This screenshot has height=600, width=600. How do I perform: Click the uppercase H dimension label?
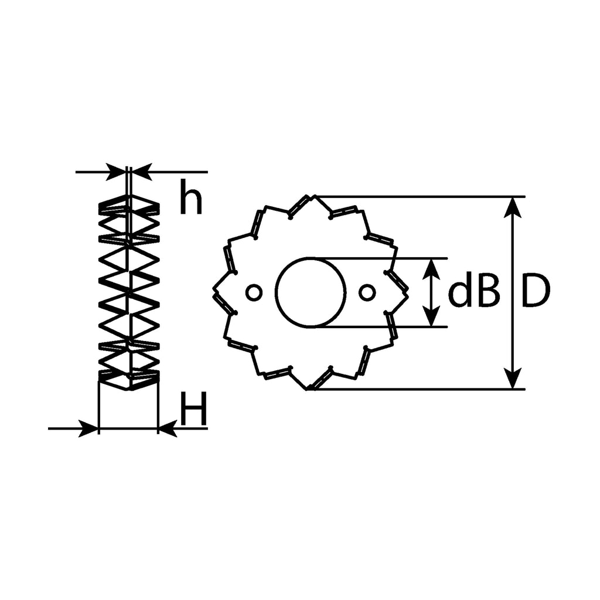(x=193, y=408)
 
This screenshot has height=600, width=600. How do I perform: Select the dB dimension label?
(x=473, y=293)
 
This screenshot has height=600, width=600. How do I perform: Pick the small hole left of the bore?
(x=254, y=293)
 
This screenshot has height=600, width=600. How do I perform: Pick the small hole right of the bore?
(x=367, y=293)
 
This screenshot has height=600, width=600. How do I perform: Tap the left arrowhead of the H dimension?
(x=88, y=428)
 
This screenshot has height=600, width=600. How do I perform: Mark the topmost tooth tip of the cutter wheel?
(x=314, y=196)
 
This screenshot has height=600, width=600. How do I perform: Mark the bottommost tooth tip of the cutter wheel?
(x=307, y=390)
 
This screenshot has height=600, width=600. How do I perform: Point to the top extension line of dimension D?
(x=420, y=197)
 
